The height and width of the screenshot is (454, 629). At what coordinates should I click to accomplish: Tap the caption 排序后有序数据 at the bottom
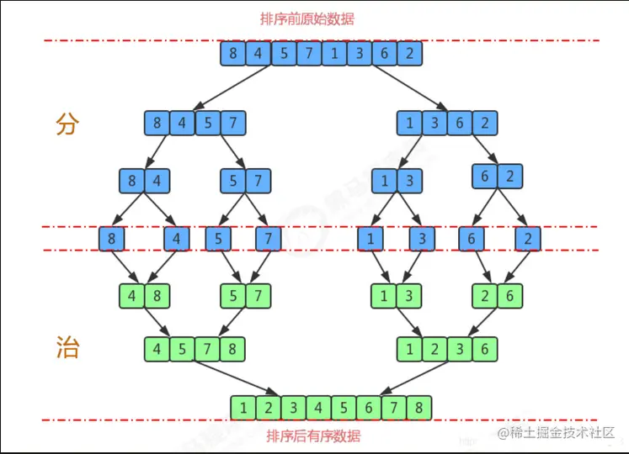313,436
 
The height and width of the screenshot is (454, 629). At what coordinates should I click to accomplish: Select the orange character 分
67,124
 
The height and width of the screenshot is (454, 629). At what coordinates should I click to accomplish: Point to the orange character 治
67,347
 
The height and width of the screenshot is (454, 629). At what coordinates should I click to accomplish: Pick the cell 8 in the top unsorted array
233,54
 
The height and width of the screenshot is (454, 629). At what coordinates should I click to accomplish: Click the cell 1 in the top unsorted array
334,54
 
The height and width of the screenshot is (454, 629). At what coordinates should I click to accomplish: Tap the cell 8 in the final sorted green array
418,408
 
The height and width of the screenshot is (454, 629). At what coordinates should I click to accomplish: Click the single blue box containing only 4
177,239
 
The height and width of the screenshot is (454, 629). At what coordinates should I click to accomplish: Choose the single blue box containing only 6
472,239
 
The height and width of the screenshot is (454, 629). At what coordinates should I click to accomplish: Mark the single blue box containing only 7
268,239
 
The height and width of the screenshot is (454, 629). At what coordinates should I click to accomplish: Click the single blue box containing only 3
422,239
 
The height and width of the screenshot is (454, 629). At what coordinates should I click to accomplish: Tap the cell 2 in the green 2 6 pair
485,295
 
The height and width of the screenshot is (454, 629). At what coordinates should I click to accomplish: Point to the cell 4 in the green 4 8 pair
133,295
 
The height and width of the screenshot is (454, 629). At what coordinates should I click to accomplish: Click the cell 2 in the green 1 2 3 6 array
434,347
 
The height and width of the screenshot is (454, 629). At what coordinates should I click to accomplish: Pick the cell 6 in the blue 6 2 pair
485,176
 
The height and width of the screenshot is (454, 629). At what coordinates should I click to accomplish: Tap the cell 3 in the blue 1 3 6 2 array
434,124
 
